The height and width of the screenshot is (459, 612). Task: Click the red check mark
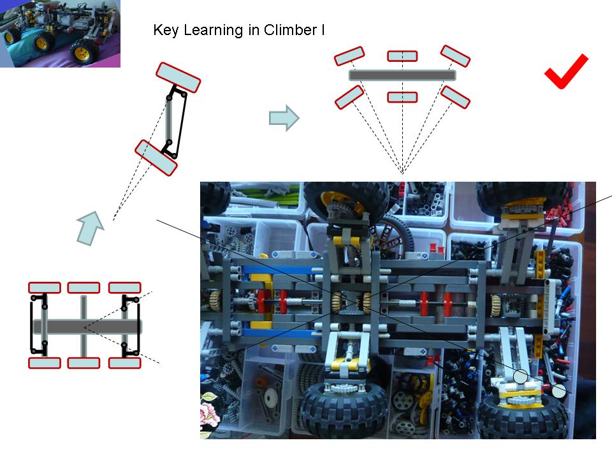point(565,71)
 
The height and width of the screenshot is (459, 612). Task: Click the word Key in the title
point(164,30)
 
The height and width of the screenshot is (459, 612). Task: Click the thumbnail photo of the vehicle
point(60,33)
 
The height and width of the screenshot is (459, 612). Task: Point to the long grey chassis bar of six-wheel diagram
point(402,75)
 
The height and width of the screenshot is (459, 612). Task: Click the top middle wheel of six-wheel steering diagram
point(402,56)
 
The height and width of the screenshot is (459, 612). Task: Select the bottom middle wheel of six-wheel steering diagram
point(402,97)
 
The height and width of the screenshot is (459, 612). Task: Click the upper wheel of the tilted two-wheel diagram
point(178,77)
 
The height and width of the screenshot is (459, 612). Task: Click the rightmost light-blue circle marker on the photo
point(559,391)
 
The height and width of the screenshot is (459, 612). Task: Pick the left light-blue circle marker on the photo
point(521,377)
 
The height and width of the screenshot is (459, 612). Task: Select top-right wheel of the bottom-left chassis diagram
point(124,288)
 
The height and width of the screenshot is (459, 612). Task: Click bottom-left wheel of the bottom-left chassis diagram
point(45,363)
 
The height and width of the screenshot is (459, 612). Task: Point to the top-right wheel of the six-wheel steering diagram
point(455,56)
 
